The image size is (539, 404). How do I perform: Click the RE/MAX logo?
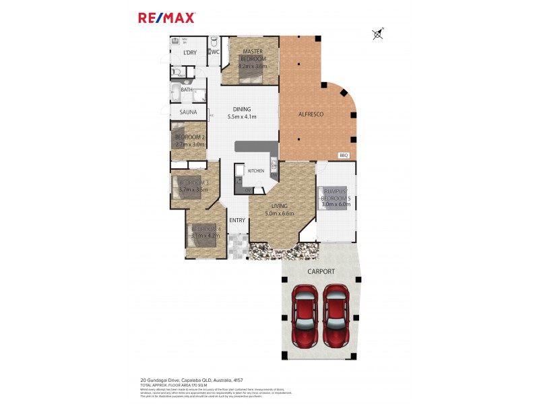pos(166,18)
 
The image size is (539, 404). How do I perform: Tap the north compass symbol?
pos(378,33)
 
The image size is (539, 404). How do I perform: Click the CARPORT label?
pos(321,271)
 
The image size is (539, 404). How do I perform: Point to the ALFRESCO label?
pos(311,114)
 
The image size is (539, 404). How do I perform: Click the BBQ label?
pos(343,156)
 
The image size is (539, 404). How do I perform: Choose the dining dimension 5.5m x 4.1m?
pos(242,117)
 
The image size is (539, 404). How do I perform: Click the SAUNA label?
pos(188,112)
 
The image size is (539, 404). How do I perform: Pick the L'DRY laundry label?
pos(190,53)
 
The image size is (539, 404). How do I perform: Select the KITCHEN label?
pos(256,171)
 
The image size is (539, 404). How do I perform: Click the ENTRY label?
pos(237,220)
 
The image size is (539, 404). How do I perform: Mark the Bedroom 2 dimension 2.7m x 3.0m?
pos(190,144)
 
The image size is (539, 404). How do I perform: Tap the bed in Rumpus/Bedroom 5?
pos(334,198)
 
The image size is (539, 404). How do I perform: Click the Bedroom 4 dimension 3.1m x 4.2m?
pos(205,236)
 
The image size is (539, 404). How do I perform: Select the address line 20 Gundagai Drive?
pos(191,380)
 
